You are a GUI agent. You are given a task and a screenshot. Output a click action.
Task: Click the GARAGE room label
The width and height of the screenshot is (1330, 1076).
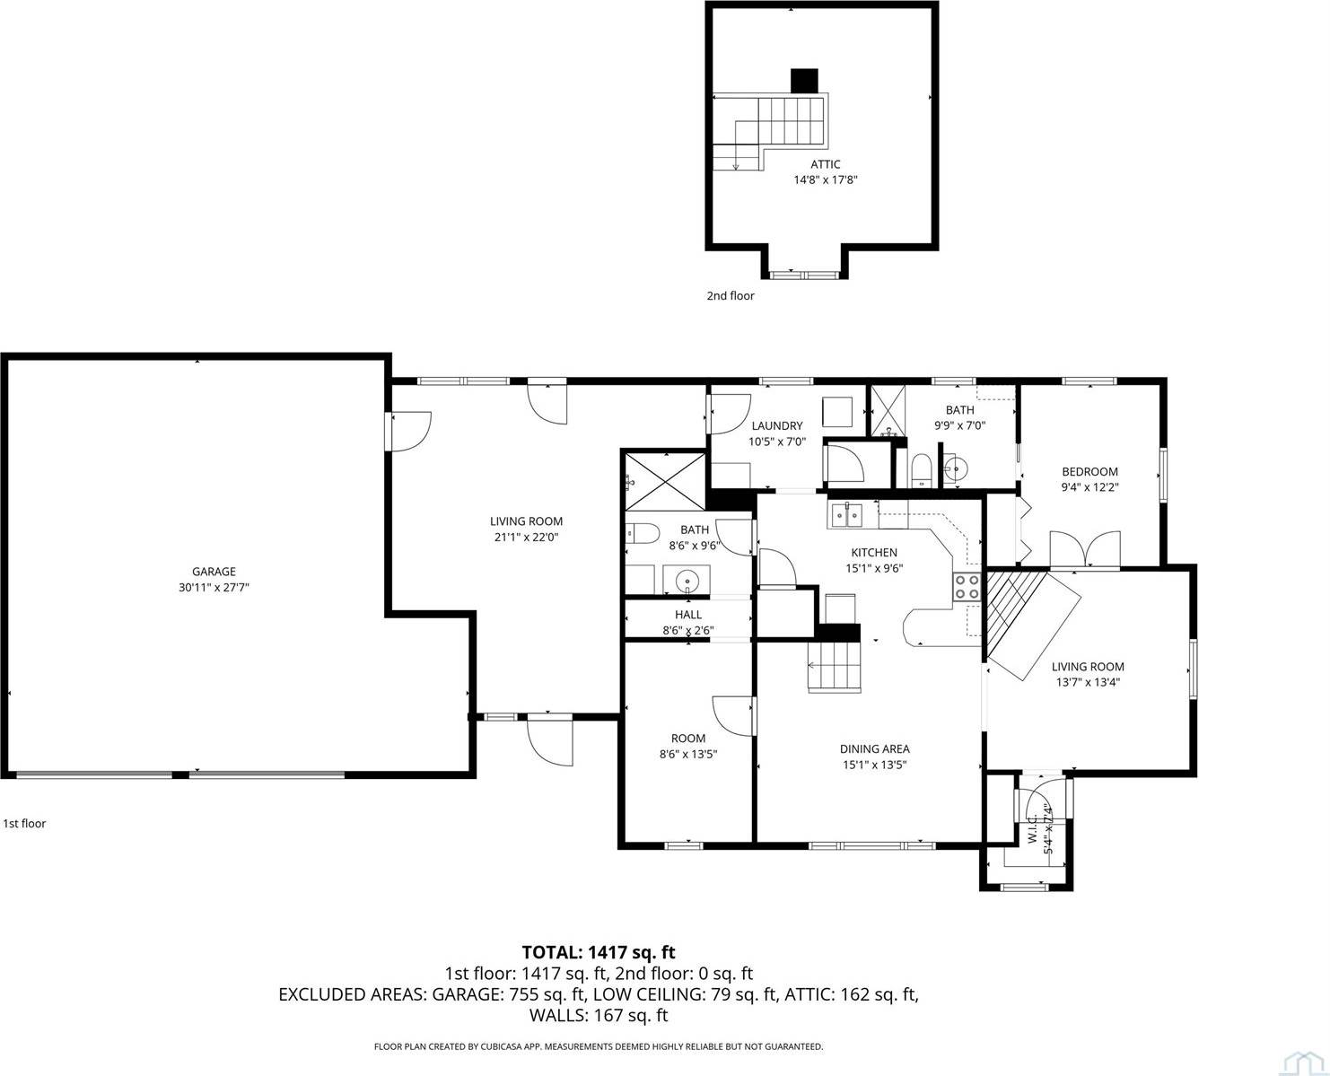214,572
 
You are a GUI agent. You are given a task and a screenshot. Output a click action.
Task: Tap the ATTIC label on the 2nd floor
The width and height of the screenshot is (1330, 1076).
825,164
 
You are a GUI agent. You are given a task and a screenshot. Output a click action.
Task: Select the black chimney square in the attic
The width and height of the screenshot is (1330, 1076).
804,81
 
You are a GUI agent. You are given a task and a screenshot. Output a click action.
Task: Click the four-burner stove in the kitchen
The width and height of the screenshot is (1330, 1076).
966,586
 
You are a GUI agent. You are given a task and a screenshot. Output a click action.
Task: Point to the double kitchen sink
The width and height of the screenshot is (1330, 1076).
845,514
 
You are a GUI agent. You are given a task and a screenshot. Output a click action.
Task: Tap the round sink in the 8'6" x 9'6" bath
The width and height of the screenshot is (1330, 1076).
687,581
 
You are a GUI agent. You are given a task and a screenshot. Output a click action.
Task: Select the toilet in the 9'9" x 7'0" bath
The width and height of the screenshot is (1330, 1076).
921,469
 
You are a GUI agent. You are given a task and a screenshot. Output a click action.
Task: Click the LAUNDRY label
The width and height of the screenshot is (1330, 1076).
776,425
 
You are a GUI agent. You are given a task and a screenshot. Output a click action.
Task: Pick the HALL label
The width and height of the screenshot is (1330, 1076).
688,615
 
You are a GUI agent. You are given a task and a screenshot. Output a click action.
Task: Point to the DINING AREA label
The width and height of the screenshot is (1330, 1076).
874,749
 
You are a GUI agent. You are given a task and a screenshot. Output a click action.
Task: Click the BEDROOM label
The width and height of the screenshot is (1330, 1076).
1089,472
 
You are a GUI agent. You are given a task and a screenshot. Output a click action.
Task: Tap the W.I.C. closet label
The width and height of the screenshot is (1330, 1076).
1032,827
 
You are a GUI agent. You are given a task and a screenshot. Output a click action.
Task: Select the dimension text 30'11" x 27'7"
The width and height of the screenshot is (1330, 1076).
214,588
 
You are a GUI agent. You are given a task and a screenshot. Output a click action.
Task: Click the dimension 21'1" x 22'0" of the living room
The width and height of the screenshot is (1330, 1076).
526,538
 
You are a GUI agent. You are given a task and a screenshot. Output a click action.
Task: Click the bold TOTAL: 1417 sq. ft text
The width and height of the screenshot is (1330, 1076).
599,952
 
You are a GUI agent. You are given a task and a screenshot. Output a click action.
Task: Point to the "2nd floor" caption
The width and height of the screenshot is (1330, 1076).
730,295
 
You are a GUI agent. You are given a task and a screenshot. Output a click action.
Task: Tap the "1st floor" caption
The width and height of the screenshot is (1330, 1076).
24,823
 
